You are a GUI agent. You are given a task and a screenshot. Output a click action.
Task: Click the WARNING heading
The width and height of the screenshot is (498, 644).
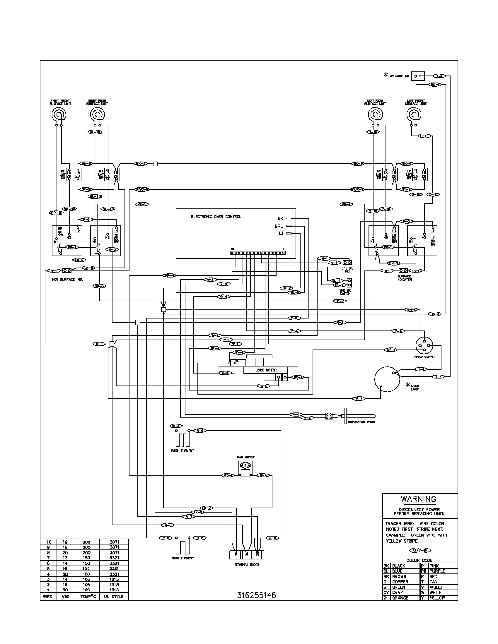418,499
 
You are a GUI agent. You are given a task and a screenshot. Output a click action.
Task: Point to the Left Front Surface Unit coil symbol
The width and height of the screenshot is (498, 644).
415,114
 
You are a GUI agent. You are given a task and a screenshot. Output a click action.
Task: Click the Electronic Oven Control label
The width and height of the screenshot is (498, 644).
216,217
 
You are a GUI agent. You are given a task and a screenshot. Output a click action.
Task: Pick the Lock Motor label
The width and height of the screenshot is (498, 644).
266,370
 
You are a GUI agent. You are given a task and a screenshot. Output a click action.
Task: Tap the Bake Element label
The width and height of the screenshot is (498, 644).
183,558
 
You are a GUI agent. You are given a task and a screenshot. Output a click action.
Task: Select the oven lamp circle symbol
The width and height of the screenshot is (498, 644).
387,379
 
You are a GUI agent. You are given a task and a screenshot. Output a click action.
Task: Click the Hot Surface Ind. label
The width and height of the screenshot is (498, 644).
67,280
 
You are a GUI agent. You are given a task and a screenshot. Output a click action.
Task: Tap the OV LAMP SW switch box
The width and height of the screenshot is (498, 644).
418,76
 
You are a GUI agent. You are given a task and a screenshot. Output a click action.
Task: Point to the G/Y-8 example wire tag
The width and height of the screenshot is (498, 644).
420,551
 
